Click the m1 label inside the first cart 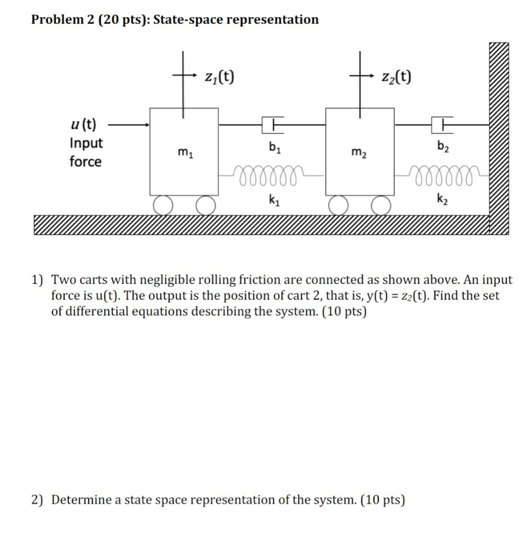point(184,153)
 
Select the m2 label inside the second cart point(359,153)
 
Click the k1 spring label point(273,200)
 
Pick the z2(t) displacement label point(395,77)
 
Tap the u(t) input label point(83,125)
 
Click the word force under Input point(86,161)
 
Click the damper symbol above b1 point(272,125)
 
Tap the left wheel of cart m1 point(163,205)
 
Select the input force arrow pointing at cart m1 point(129,125)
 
